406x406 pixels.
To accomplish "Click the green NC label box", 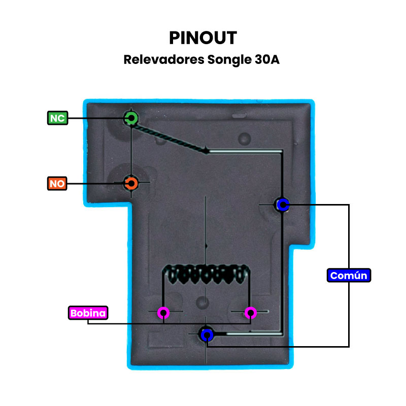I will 57,118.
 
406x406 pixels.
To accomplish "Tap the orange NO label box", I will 57,183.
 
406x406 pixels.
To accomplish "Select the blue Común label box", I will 349,276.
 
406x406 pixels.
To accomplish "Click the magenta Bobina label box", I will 88,313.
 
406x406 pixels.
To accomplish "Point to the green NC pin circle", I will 131,119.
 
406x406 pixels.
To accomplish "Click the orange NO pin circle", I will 131,183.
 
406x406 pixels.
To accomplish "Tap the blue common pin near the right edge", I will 282,205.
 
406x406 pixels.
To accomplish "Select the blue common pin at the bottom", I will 206,334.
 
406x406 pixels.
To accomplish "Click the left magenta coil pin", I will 163,312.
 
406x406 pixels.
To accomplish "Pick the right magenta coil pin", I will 250,312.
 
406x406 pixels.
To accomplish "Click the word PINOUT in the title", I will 203,38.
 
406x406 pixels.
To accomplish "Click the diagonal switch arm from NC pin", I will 170,135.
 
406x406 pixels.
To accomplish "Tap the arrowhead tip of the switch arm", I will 207,151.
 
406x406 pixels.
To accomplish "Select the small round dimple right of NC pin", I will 245,138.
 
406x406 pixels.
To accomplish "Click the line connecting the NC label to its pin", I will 96,119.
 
